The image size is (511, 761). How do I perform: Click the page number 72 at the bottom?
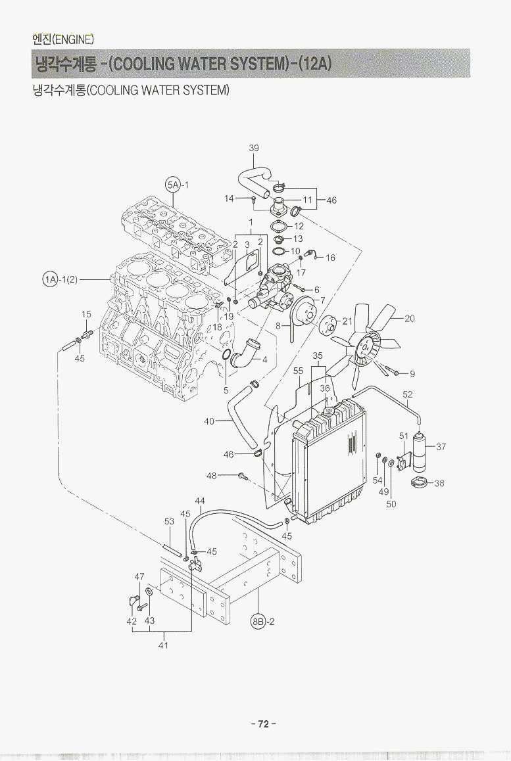263,724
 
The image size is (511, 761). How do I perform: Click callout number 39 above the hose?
254,149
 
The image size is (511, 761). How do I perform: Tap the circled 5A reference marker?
172,185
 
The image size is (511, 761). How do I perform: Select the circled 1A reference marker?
51,279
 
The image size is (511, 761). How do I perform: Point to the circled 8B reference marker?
258,621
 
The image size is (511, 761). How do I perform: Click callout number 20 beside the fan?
410,318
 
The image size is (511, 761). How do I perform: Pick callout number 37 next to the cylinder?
441,447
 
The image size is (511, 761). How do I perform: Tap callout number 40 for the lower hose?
210,421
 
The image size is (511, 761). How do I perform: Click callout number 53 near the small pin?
169,521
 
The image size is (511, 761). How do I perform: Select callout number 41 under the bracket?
163,645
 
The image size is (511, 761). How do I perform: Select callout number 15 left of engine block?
86,315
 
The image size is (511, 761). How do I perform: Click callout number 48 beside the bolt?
212,475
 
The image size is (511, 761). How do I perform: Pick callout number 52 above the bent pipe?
408,394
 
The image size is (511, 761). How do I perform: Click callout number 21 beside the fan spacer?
348,321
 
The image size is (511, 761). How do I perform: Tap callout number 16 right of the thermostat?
330,258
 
